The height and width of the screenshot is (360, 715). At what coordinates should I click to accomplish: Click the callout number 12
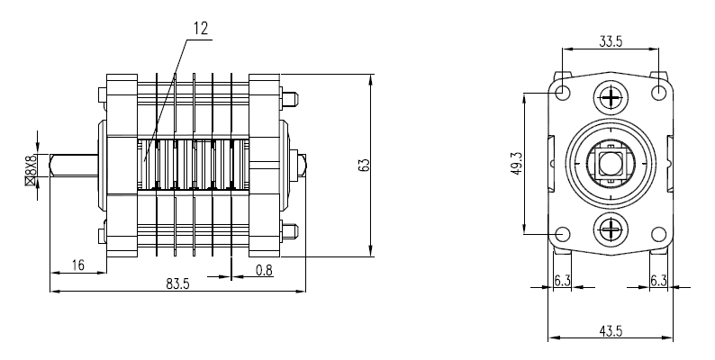200,28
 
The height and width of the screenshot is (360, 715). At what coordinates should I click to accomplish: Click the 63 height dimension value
364,166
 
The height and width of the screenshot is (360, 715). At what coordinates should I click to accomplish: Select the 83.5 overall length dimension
177,283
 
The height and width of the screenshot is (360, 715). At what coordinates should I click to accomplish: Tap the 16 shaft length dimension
77,265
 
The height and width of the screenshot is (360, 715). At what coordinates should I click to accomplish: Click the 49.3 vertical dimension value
517,164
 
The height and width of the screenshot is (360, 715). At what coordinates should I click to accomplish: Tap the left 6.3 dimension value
562,281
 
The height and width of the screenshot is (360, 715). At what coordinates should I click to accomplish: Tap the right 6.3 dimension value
659,281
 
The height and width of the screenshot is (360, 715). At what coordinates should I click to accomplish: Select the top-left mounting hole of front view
563,93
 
